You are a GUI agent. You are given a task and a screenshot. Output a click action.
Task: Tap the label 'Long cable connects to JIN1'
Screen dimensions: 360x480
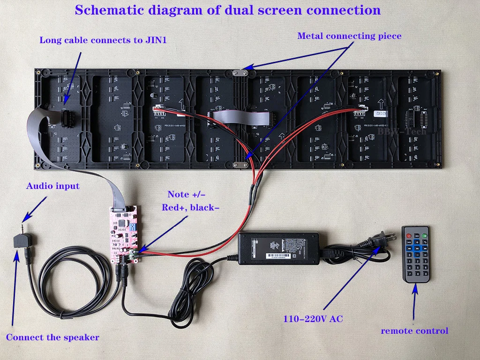point(103,40)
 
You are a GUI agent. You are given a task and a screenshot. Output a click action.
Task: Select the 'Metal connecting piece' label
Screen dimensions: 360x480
point(349,36)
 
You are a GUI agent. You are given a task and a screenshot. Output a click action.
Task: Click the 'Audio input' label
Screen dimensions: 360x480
point(52,186)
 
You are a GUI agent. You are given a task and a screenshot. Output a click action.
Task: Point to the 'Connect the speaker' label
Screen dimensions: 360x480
point(52,337)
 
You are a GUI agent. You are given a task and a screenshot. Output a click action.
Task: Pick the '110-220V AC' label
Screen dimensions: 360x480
point(313,319)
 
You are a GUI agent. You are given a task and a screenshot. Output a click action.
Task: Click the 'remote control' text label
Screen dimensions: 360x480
point(414,331)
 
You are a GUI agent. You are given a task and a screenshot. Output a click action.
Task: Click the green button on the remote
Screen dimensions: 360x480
point(425,230)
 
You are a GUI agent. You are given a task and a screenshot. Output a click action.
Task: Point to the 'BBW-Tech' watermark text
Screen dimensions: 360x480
point(403,132)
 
